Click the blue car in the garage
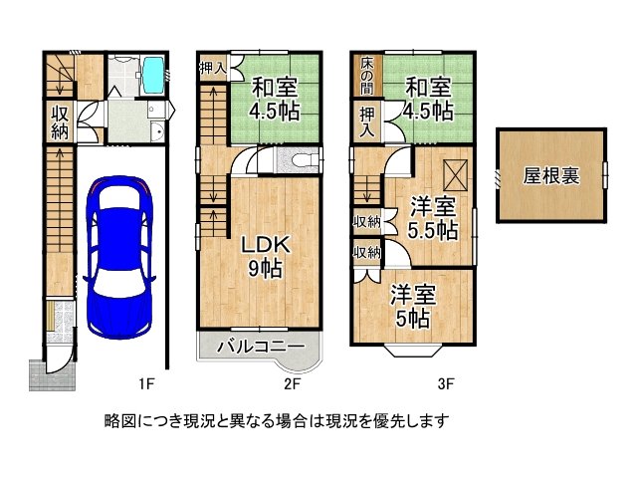119,257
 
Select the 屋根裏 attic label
550,176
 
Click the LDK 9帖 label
266,257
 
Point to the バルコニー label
261,347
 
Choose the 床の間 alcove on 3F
367,76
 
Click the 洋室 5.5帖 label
433,217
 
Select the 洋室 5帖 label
413,306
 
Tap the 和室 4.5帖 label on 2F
275,99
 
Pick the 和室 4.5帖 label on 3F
428,99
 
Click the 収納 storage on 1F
60,120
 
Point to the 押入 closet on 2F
213,68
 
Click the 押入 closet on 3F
367,120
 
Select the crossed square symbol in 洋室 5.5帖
456,175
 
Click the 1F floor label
146,383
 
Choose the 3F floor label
446,383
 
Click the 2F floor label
292,383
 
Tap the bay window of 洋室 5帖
414,351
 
